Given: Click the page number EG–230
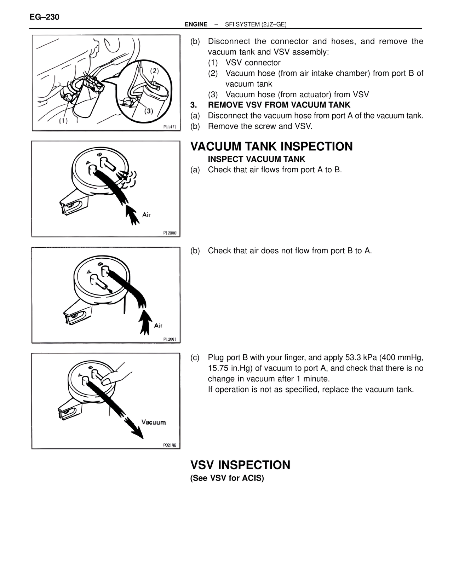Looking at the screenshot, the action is pos(45,17).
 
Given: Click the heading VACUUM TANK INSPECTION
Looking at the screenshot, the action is pos(271,146).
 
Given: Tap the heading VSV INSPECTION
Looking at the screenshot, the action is pos(240,465).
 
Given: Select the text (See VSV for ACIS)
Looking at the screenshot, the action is pos(227,478).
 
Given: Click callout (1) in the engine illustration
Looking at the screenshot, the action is pos(63,121).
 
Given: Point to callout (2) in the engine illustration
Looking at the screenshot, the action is pos(154,71).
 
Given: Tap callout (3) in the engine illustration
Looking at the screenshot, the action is pos(149,111).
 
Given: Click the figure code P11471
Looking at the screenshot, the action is pos(170,127).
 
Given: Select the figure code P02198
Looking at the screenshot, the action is pos(170,445).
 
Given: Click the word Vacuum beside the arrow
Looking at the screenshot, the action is pos(154,422).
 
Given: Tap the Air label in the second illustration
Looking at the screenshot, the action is pos(147,215).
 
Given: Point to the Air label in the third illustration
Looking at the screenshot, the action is pos(158,326).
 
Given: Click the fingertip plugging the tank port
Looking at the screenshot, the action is pos(107,381).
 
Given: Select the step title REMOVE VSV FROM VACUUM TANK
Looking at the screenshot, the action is pos(279,105).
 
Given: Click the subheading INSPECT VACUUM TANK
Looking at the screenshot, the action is pos(257,159).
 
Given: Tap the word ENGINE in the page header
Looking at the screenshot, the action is pos(196,24).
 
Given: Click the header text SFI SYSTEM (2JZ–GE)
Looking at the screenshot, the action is pos(256,24).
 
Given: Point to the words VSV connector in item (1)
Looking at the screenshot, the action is pos(253,63).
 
